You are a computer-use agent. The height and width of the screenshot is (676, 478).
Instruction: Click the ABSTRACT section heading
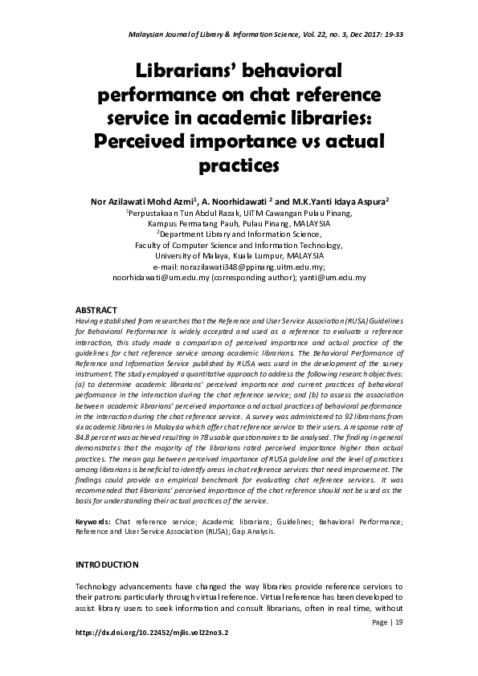pyautogui.click(x=96, y=309)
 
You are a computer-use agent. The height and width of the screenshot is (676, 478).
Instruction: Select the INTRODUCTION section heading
pyautogui.click(x=110, y=564)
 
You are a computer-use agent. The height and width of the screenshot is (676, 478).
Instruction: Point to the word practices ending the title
pyautogui.click(x=238, y=165)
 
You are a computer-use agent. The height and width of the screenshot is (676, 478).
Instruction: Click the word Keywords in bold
pyautogui.click(x=92, y=522)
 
